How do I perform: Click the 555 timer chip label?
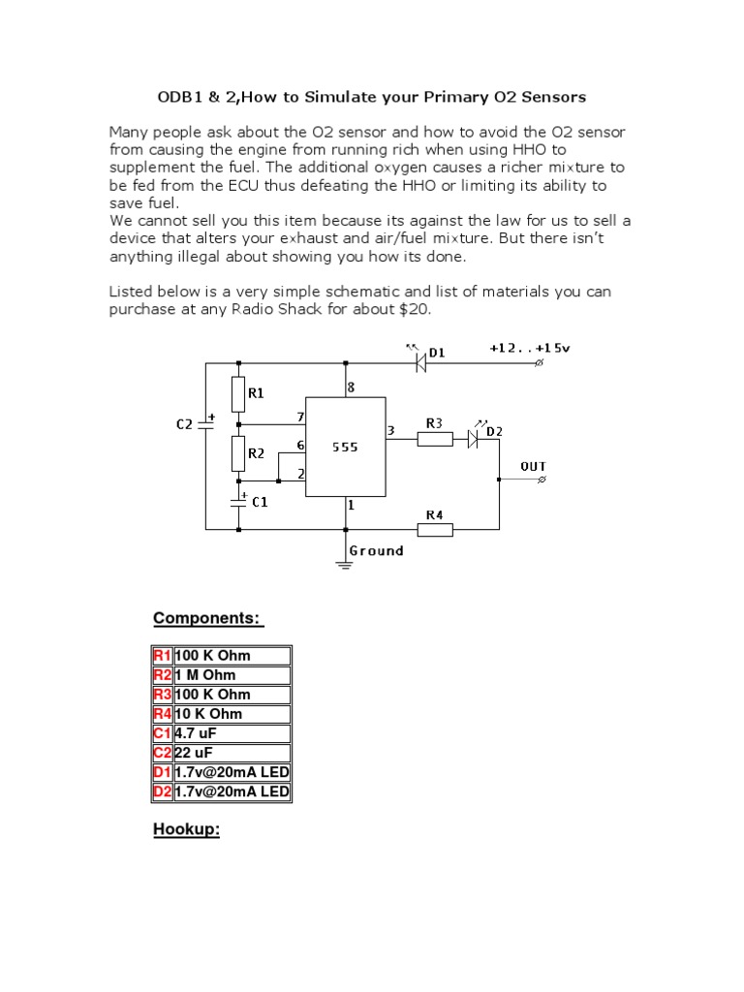coord(344,448)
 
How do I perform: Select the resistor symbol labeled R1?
coord(238,394)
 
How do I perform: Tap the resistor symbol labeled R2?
coord(238,452)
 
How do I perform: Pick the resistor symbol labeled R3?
coord(435,439)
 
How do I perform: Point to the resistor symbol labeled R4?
coord(435,529)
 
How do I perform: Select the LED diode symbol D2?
coord(474,439)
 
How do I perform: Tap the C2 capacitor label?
coord(184,423)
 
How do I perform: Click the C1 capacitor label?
coord(260,502)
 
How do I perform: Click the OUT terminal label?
coord(534,466)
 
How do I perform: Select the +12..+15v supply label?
coord(530,347)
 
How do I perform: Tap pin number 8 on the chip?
coord(351,387)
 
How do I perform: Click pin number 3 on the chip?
coord(390,430)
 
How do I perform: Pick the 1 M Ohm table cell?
coord(232,674)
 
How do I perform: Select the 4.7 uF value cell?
coord(232,733)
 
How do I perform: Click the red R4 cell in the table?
coord(162,714)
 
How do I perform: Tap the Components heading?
coord(208,619)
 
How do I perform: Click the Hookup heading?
coord(187,830)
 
